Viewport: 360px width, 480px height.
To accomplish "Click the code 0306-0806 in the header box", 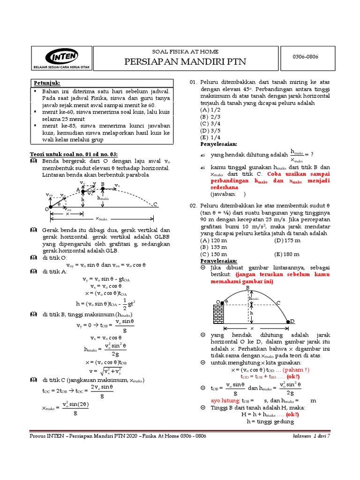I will coord(306,56).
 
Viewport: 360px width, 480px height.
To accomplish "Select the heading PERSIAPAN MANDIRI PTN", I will coord(185,62).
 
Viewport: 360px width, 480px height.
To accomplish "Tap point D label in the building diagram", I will coord(292,322).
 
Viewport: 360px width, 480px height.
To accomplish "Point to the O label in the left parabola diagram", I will coord(47,208).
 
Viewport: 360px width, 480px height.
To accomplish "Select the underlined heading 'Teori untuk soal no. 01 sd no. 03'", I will coord(74,154).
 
